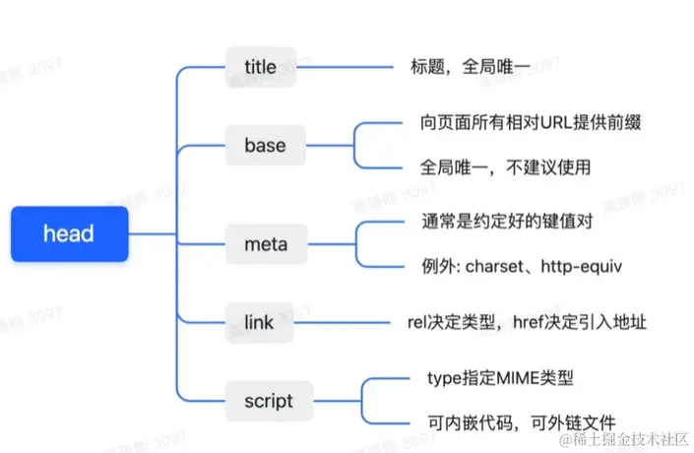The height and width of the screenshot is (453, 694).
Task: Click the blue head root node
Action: (x=70, y=233)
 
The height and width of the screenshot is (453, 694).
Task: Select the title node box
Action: (x=260, y=66)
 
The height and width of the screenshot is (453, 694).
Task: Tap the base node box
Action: (x=264, y=145)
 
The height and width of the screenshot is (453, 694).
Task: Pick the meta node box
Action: (x=264, y=243)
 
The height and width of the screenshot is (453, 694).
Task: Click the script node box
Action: (x=268, y=401)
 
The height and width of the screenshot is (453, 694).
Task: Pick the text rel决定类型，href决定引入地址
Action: (x=527, y=322)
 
